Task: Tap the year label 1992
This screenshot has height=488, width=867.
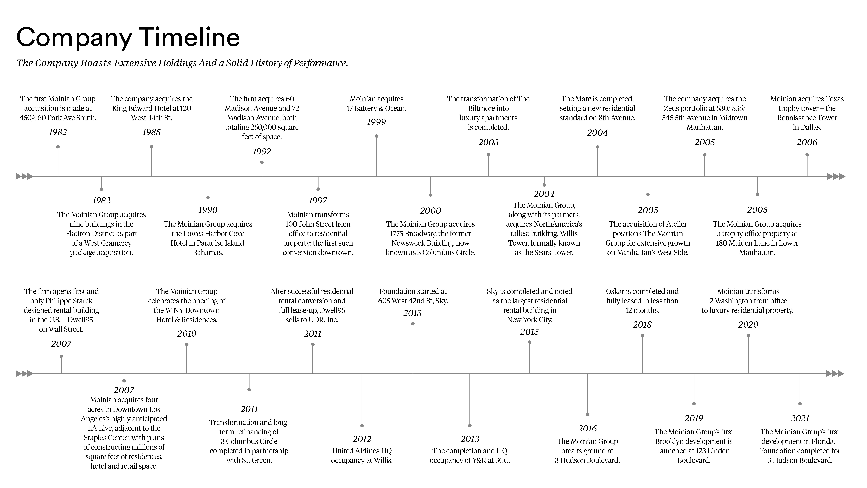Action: pos(262,152)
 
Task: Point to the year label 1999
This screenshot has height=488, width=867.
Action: pos(376,122)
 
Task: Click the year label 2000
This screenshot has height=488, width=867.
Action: pos(430,211)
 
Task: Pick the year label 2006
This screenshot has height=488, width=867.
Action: pos(807,142)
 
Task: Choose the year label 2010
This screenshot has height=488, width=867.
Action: pos(187,334)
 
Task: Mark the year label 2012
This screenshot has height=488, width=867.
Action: pos(362,439)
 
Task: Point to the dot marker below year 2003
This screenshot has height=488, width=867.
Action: pos(488,155)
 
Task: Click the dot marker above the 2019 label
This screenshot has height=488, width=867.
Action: pos(694,403)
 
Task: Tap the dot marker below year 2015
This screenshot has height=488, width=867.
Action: pos(530,342)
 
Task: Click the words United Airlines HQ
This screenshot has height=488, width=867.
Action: pos(362,451)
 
